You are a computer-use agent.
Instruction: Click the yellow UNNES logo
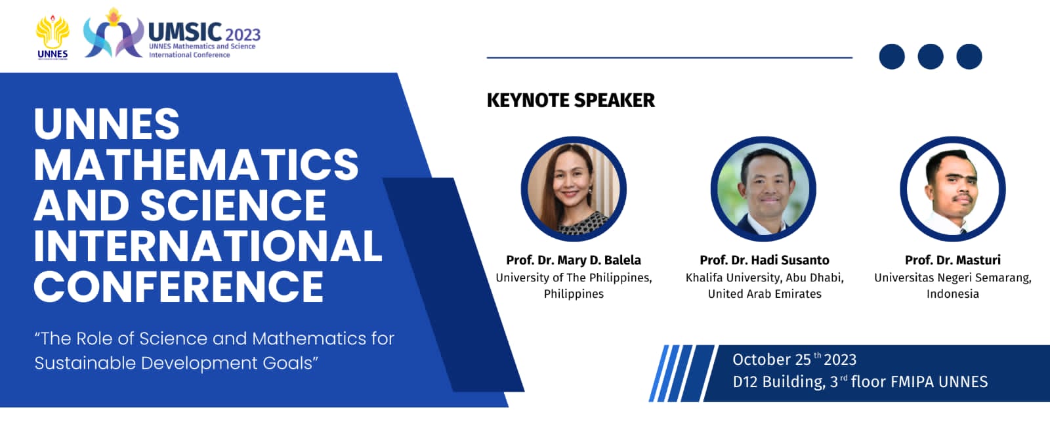[52, 36]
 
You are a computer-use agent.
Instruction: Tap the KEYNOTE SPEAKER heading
[570, 100]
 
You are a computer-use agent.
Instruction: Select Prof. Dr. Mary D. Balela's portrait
[574, 189]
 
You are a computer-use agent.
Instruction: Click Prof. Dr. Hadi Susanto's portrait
[763, 189]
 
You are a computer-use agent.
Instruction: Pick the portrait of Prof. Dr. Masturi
[952, 189]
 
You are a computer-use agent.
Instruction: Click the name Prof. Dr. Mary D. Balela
[573, 260]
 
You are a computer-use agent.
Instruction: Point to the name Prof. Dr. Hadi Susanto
[764, 260]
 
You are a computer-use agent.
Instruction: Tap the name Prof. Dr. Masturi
[952, 260]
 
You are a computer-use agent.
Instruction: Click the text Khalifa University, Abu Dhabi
[764, 278]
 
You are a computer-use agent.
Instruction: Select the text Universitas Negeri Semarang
[952, 278]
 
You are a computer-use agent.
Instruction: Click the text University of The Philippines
[573, 278]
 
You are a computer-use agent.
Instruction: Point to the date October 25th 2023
[793, 360]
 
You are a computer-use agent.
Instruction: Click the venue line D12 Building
[859, 382]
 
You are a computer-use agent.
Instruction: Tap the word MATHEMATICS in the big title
[196, 164]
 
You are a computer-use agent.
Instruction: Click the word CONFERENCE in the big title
[178, 286]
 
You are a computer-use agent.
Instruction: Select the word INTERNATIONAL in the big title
[207, 245]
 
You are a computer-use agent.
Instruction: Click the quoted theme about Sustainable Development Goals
[214, 350]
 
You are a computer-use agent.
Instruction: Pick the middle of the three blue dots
[930, 56]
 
